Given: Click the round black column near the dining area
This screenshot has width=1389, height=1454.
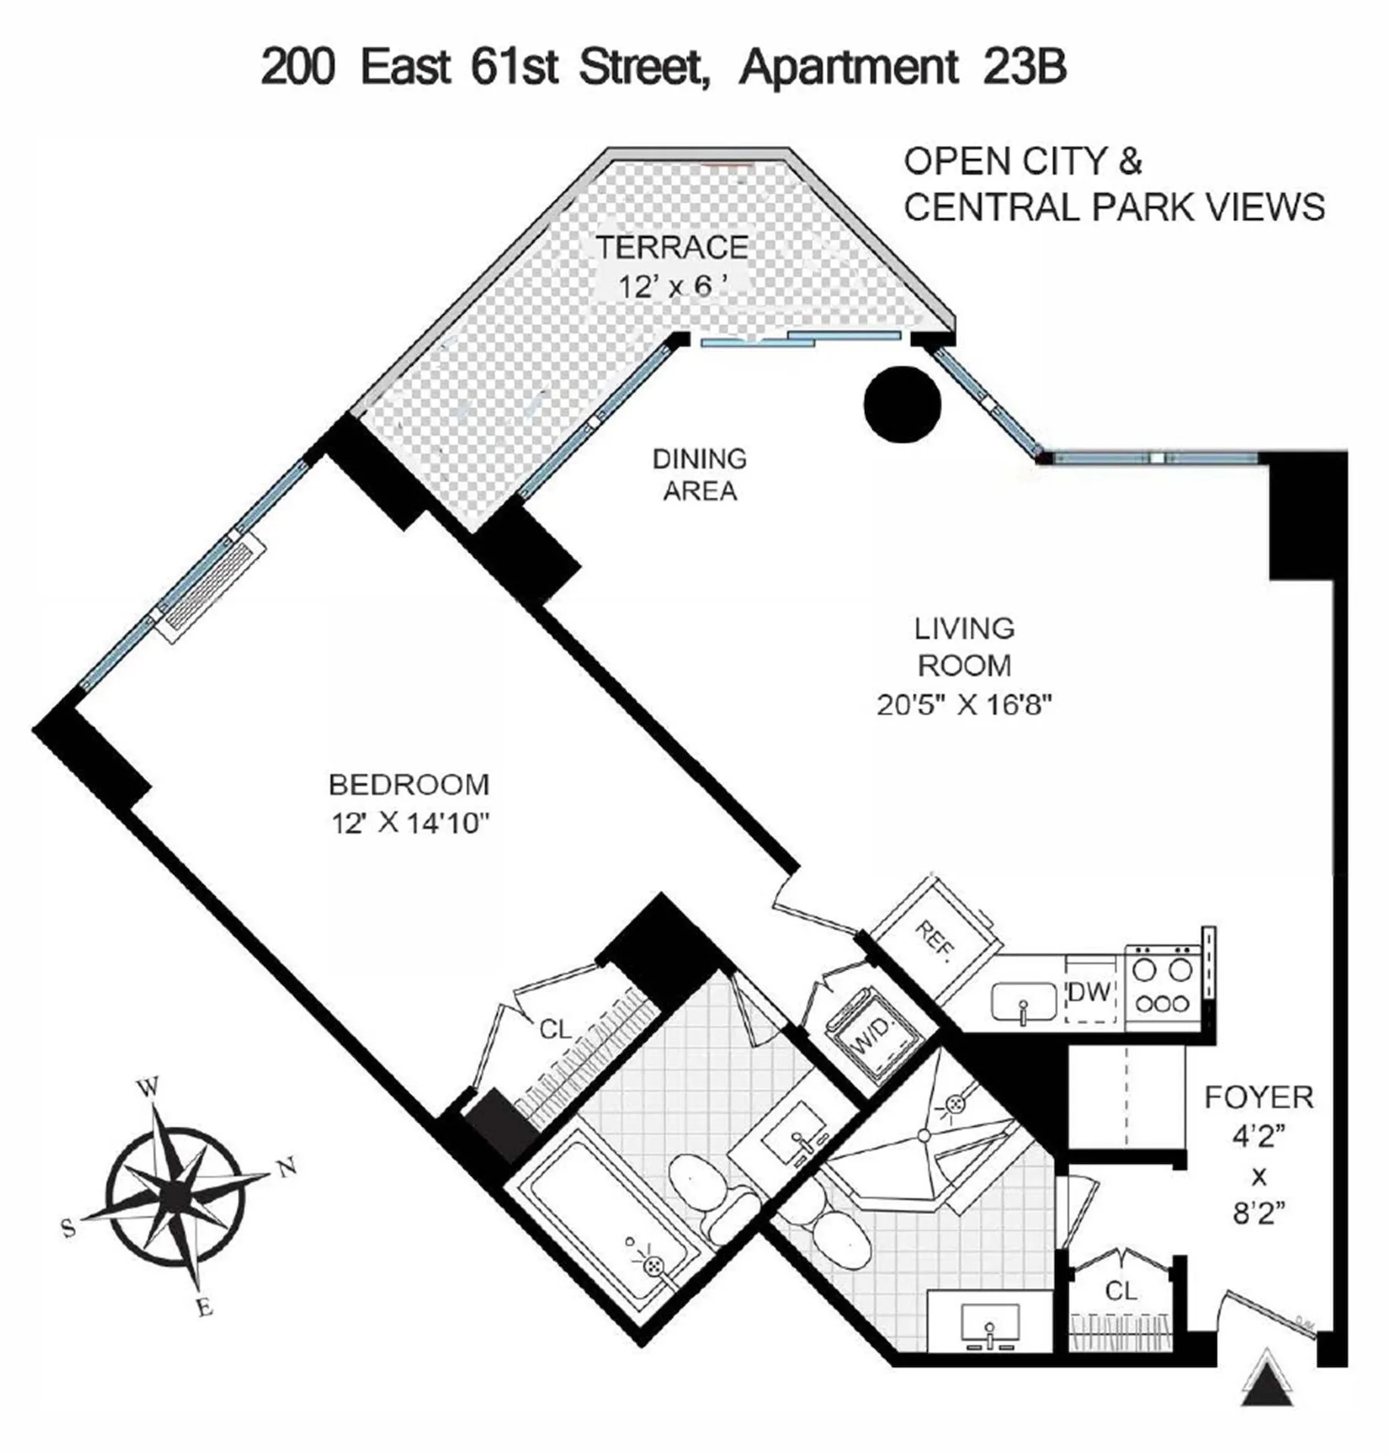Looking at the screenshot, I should point(901,404).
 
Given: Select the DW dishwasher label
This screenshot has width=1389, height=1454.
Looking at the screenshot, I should point(1090,991).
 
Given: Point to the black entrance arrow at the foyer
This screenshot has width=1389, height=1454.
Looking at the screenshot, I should point(1267,1387).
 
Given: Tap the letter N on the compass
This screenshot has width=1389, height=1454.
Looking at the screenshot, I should point(287,1168).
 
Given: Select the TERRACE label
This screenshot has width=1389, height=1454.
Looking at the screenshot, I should point(672,248).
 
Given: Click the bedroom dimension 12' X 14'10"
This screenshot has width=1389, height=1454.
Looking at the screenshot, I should point(407,823).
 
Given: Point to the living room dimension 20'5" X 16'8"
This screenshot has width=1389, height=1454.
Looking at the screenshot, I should point(964,706).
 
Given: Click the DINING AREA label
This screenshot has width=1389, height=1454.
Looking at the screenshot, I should point(700,475).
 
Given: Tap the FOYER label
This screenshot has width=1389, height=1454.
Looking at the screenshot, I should point(1259,1097).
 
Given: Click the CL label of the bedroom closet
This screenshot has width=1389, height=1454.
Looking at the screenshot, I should point(555,1030).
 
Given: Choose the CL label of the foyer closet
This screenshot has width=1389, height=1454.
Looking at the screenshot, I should point(1120,1291).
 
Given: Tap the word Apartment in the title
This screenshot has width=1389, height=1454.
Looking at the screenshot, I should point(848,67).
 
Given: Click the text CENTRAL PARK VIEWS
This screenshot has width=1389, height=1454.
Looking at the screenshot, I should point(1114,207).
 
